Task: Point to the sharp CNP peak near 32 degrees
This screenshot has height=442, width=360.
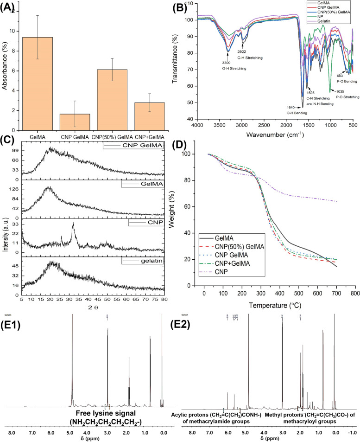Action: click(x=73, y=224)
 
